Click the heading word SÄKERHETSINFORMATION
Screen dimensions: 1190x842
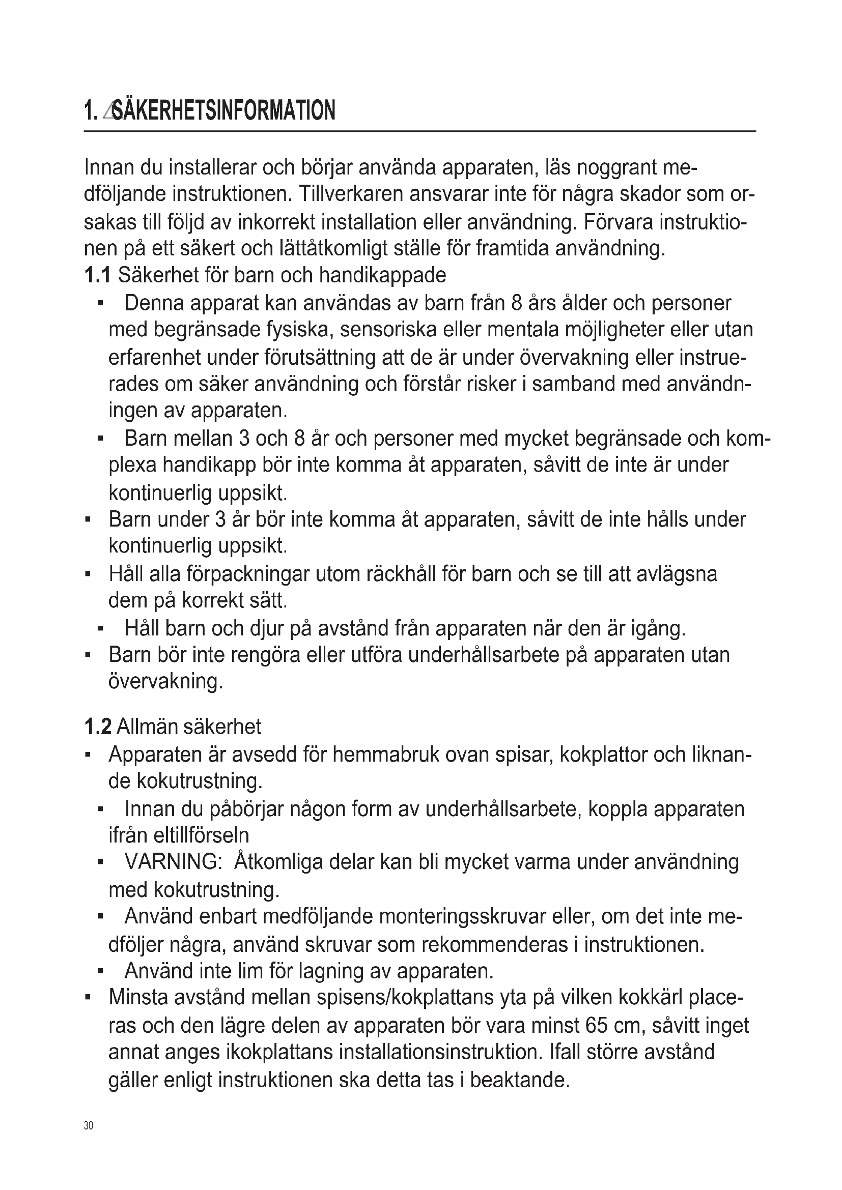(x=223, y=110)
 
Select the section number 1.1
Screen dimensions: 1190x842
(x=97, y=275)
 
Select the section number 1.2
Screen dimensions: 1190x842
(x=97, y=727)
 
